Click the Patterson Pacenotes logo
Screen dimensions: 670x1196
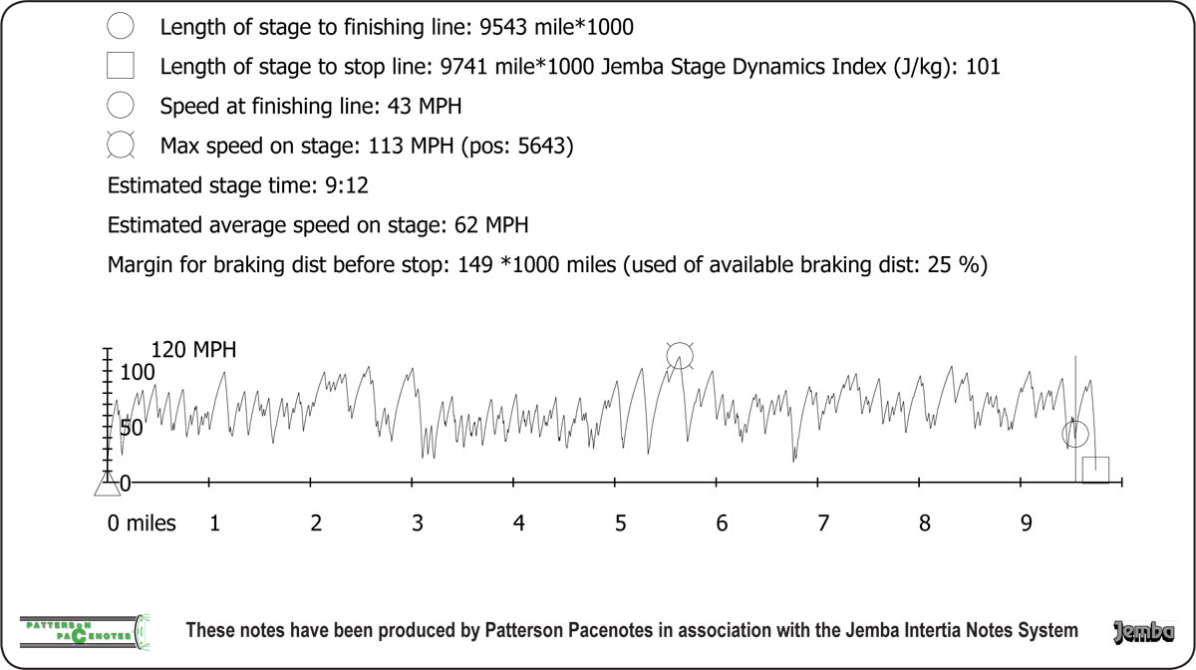click(85, 629)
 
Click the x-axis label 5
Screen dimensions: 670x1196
click(620, 522)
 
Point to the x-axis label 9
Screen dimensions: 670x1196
click(1026, 522)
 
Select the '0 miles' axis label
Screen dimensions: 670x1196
click(142, 522)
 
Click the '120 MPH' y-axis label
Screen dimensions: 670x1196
click(193, 350)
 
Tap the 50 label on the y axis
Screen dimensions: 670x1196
click(133, 427)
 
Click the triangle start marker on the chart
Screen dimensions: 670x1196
click(107, 485)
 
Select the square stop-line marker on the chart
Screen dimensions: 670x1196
click(1095, 470)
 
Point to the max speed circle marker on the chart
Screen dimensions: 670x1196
click(680, 354)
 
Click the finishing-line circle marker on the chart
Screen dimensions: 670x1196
click(1074, 434)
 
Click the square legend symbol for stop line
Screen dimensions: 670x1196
click(121, 67)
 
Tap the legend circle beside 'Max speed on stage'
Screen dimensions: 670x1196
click(121, 146)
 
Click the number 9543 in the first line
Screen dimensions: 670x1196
click(504, 28)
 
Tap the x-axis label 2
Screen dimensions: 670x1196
click(316, 522)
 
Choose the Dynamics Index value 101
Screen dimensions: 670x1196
click(982, 68)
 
